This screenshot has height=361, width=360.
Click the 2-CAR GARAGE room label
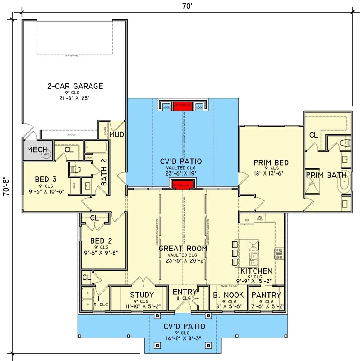(75, 86)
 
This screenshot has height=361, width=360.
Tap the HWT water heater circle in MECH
(46, 154)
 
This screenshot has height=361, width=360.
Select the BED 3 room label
(46, 180)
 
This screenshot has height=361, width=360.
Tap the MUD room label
(116, 134)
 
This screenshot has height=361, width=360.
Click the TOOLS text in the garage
(71, 134)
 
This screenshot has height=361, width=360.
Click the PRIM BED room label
(271, 162)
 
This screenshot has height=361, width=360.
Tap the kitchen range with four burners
(279, 253)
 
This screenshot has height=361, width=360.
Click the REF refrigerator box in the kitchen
(247, 220)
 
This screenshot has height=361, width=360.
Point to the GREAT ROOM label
(183, 248)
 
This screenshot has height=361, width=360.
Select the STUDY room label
(142, 295)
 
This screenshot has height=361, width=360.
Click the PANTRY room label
(266, 295)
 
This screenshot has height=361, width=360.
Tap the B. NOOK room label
(228, 295)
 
